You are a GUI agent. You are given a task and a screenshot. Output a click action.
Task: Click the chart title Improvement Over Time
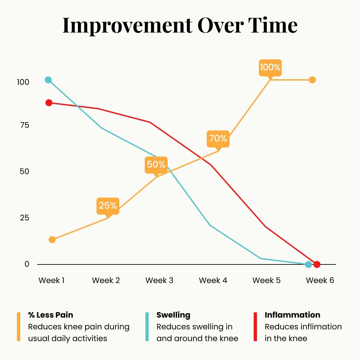[180, 25]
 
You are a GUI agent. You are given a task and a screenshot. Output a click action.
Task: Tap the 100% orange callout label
[270, 67]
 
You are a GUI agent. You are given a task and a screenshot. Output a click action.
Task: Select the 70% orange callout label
[218, 139]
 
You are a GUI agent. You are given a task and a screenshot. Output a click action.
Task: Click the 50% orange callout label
[156, 164]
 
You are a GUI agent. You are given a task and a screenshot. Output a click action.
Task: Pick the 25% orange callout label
[108, 205]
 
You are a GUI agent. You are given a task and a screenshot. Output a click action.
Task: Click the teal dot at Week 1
[48, 80]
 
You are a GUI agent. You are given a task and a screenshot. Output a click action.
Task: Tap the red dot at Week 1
[49, 103]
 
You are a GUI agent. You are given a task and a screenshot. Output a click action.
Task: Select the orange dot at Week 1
[52, 240]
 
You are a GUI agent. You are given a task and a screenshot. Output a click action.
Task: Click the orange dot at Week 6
[312, 80]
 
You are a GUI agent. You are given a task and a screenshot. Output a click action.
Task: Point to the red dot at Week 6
[317, 264]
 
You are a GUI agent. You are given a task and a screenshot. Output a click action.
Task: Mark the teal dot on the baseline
[308, 264]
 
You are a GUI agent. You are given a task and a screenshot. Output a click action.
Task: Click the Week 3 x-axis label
[159, 280]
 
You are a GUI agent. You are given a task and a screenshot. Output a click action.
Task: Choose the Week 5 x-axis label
[266, 280]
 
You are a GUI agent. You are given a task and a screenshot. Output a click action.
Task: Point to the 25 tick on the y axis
[24, 218]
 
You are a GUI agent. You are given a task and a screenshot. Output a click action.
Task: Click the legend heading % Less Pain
[51, 315]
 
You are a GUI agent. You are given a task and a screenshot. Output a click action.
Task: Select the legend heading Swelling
[173, 315]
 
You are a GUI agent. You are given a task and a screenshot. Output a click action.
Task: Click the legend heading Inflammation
[292, 315]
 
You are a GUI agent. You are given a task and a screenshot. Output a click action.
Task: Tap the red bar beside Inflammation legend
[255, 327]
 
